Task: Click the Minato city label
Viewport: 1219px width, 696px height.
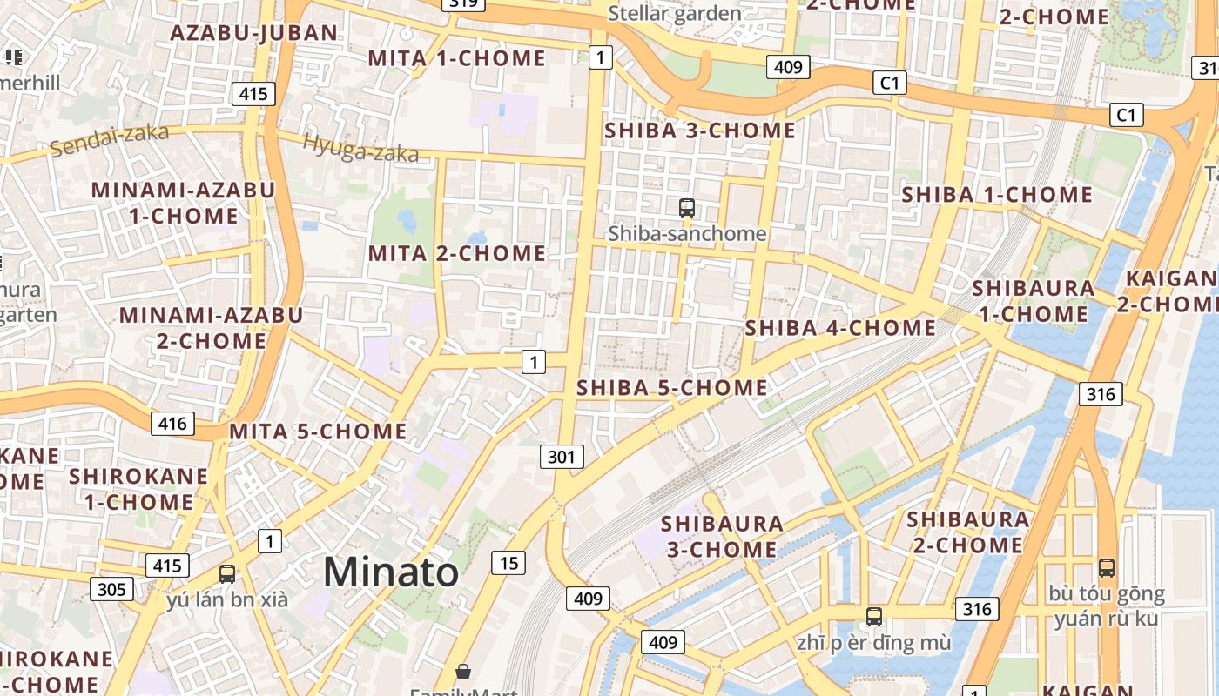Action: (391, 572)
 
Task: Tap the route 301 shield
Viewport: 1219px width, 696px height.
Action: (562, 457)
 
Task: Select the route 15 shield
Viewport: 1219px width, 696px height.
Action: (508, 563)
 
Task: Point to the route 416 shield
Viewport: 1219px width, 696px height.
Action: (172, 424)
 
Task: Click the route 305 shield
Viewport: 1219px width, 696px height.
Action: (111, 589)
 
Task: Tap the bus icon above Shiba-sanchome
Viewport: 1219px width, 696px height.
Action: (687, 207)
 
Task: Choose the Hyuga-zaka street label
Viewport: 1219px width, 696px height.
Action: (360, 149)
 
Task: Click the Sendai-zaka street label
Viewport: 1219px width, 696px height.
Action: (109, 140)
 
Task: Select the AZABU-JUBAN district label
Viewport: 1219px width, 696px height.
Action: (253, 33)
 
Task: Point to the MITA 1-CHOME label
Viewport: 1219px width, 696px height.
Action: (457, 58)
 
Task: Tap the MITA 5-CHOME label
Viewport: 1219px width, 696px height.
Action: (318, 431)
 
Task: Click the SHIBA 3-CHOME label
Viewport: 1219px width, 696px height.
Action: (700, 130)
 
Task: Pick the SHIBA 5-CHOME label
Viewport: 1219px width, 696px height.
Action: (672, 387)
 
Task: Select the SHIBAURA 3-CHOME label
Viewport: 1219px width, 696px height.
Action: (722, 537)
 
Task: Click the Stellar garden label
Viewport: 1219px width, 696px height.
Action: (675, 13)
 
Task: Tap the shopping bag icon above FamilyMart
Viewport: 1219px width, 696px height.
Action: (463, 672)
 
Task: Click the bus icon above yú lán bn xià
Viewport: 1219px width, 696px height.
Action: (227, 574)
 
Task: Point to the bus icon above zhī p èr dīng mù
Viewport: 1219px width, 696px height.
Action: (874, 617)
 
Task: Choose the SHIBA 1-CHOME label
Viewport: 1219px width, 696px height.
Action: (997, 194)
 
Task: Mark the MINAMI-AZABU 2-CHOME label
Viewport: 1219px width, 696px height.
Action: (211, 327)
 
